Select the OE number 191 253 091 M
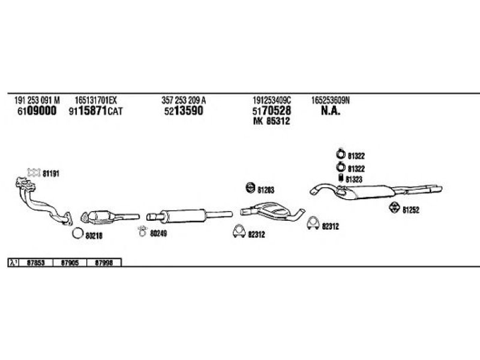(x=37, y=100)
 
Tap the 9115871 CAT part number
(x=95, y=111)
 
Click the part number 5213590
(x=182, y=111)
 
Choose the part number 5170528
(x=272, y=111)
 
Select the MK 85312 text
(x=272, y=121)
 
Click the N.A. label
(x=331, y=111)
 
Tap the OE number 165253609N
(x=331, y=100)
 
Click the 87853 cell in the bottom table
(x=36, y=262)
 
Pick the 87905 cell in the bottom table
(x=70, y=262)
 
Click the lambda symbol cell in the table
(x=13, y=262)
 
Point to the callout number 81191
(x=51, y=173)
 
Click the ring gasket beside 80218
(x=77, y=233)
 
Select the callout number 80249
(x=158, y=232)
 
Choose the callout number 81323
(x=355, y=179)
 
